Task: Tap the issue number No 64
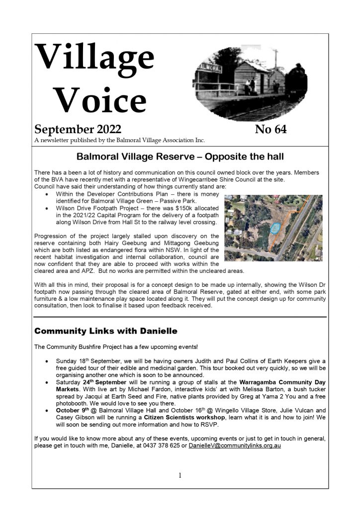(x=270, y=130)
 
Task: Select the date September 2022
(x=78, y=130)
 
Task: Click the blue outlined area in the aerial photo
(x=274, y=229)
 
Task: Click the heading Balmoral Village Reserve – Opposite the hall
(x=180, y=158)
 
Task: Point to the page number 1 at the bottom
(x=180, y=476)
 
